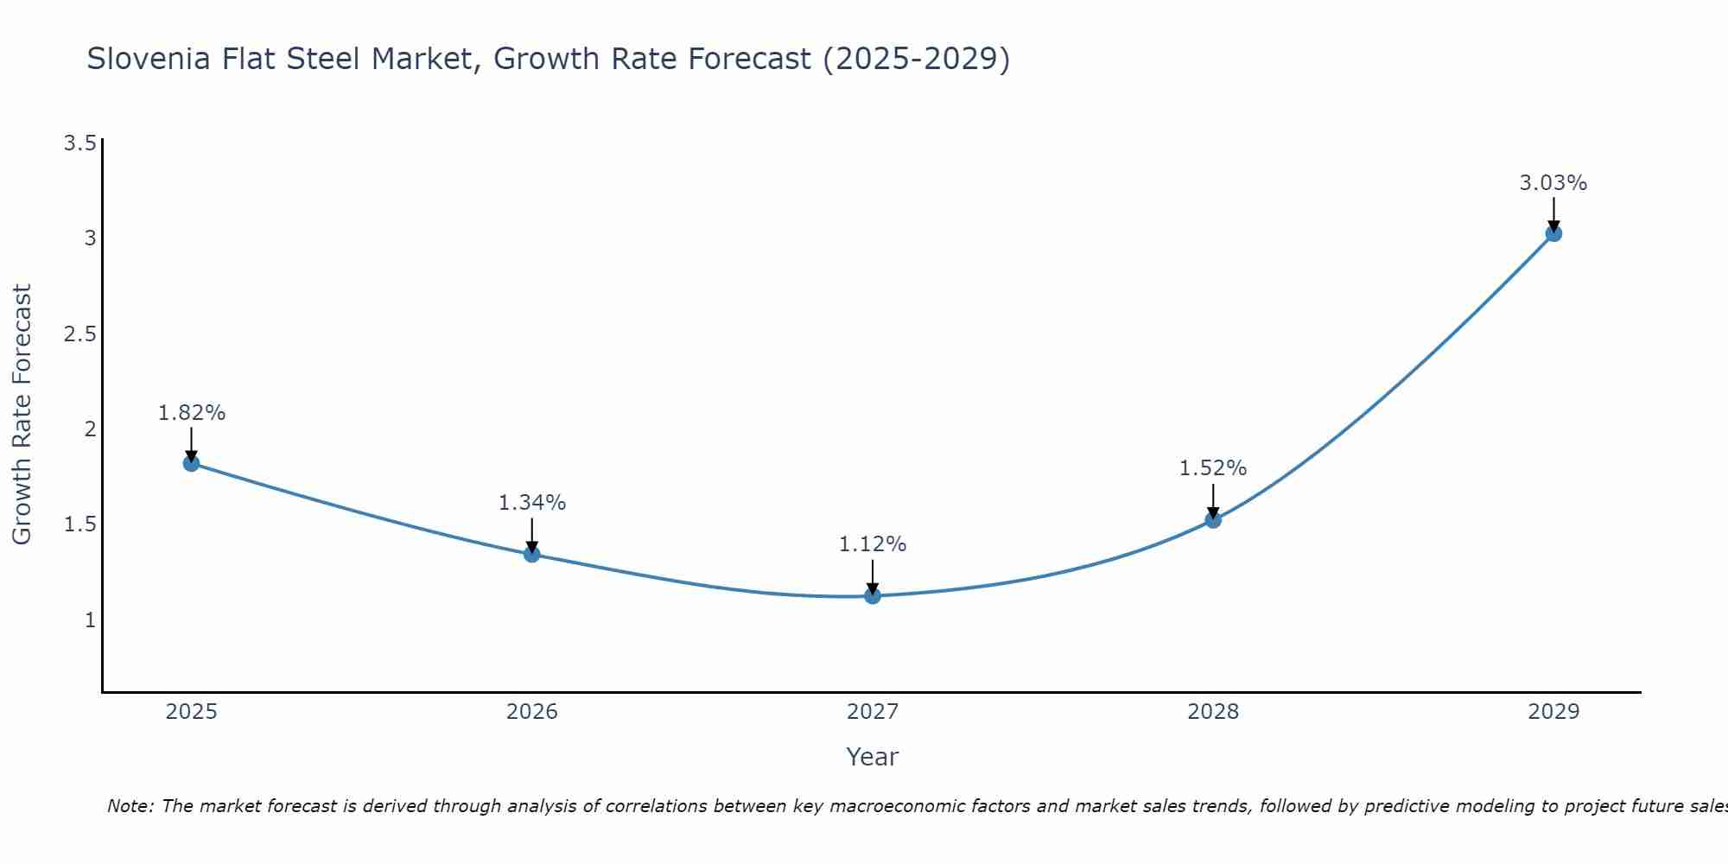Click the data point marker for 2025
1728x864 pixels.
coord(191,463)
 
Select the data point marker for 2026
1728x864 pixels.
coord(532,554)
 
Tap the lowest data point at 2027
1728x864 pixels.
coord(873,595)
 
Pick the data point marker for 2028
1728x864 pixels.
coord(1213,519)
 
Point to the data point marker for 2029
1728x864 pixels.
coord(1553,233)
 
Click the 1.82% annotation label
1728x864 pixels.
coord(191,413)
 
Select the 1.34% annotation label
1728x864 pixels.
coord(532,503)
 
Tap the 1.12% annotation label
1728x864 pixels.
coord(873,544)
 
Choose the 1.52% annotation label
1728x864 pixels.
coord(1213,468)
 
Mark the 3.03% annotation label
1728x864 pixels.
coord(1553,183)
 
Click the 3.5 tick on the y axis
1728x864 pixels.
coord(79,143)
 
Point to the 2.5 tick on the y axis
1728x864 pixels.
coord(79,334)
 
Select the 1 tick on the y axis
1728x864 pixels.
coord(90,620)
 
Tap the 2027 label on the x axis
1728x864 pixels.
coord(873,712)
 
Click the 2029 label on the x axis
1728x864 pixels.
coord(1553,712)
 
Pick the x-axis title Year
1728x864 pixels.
coord(873,757)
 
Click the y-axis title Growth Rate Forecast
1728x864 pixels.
coord(22,415)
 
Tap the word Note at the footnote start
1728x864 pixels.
coord(130,806)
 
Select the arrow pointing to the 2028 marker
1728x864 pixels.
coord(1213,501)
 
